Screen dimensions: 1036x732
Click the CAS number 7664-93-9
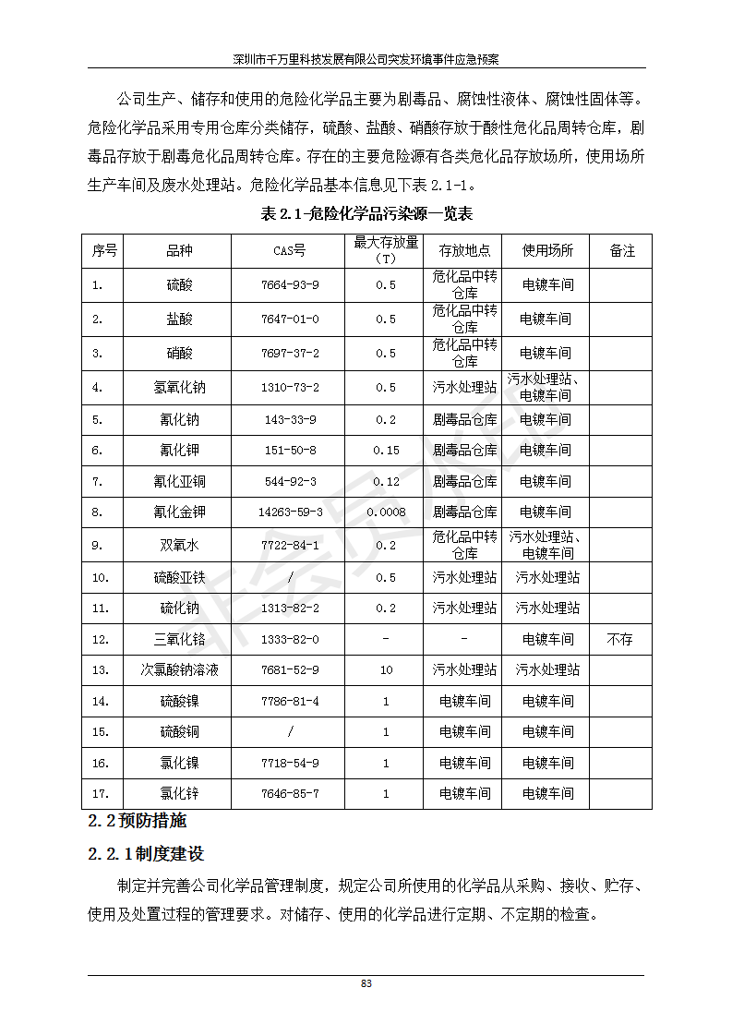click(x=290, y=285)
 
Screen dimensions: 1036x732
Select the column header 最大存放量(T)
click(x=386, y=250)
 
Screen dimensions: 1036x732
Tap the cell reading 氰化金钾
click(x=179, y=512)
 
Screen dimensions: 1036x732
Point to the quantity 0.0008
click(x=386, y=512)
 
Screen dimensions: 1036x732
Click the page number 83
click(x=366, y=983)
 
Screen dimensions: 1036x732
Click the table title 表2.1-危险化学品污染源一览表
click(x=366, y=214)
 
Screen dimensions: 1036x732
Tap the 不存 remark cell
click(x=619, y=639)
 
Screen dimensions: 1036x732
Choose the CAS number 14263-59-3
click(x=290, y=512)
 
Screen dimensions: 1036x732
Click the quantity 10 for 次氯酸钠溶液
click(x=386, y=669)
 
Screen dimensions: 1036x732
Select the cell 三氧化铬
click(x=179, y=639)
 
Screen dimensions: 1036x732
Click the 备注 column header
click(x=622, y=251)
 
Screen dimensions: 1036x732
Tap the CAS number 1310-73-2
click(x=290, y=388)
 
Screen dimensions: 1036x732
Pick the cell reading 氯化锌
click(x=179, y=793)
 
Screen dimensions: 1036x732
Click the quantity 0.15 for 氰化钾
click(x=386, y=451)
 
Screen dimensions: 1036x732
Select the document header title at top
click(x=366, y=59)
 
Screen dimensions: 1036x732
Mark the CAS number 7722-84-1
click(x=290, y=546)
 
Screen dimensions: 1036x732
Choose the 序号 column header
click(x=104, y=251)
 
